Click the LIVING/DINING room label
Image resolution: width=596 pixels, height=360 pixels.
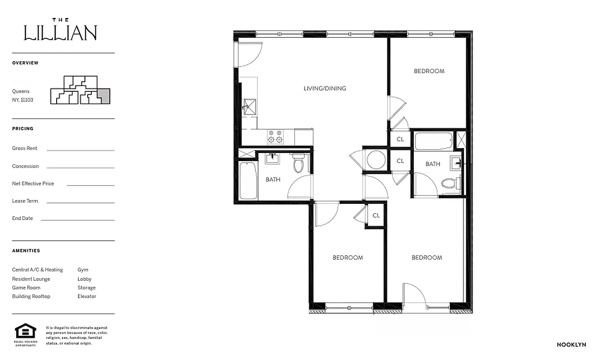click(324, 88)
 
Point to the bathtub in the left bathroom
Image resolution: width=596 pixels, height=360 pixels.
click(248, 180)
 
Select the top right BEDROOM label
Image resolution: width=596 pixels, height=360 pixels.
click(429, 71)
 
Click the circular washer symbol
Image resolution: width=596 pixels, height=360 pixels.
click(376, 159)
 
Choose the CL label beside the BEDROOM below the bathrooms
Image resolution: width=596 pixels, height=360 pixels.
click(376, 216)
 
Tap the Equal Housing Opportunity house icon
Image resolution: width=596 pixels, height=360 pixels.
click(25, 332)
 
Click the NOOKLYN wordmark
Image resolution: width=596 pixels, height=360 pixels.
click(571, 345)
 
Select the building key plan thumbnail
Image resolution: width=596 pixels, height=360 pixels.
click(80, 90)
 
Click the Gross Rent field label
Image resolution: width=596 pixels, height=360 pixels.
click(25, 148)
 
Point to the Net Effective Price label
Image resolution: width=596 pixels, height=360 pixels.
click(33, 184)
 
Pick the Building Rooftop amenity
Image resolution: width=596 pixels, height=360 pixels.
click(31, 296)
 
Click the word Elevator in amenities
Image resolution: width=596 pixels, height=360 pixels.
click(87, 296)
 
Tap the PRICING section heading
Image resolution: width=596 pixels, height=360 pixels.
click(22, 129)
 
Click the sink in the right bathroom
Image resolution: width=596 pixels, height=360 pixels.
click(456, 162)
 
